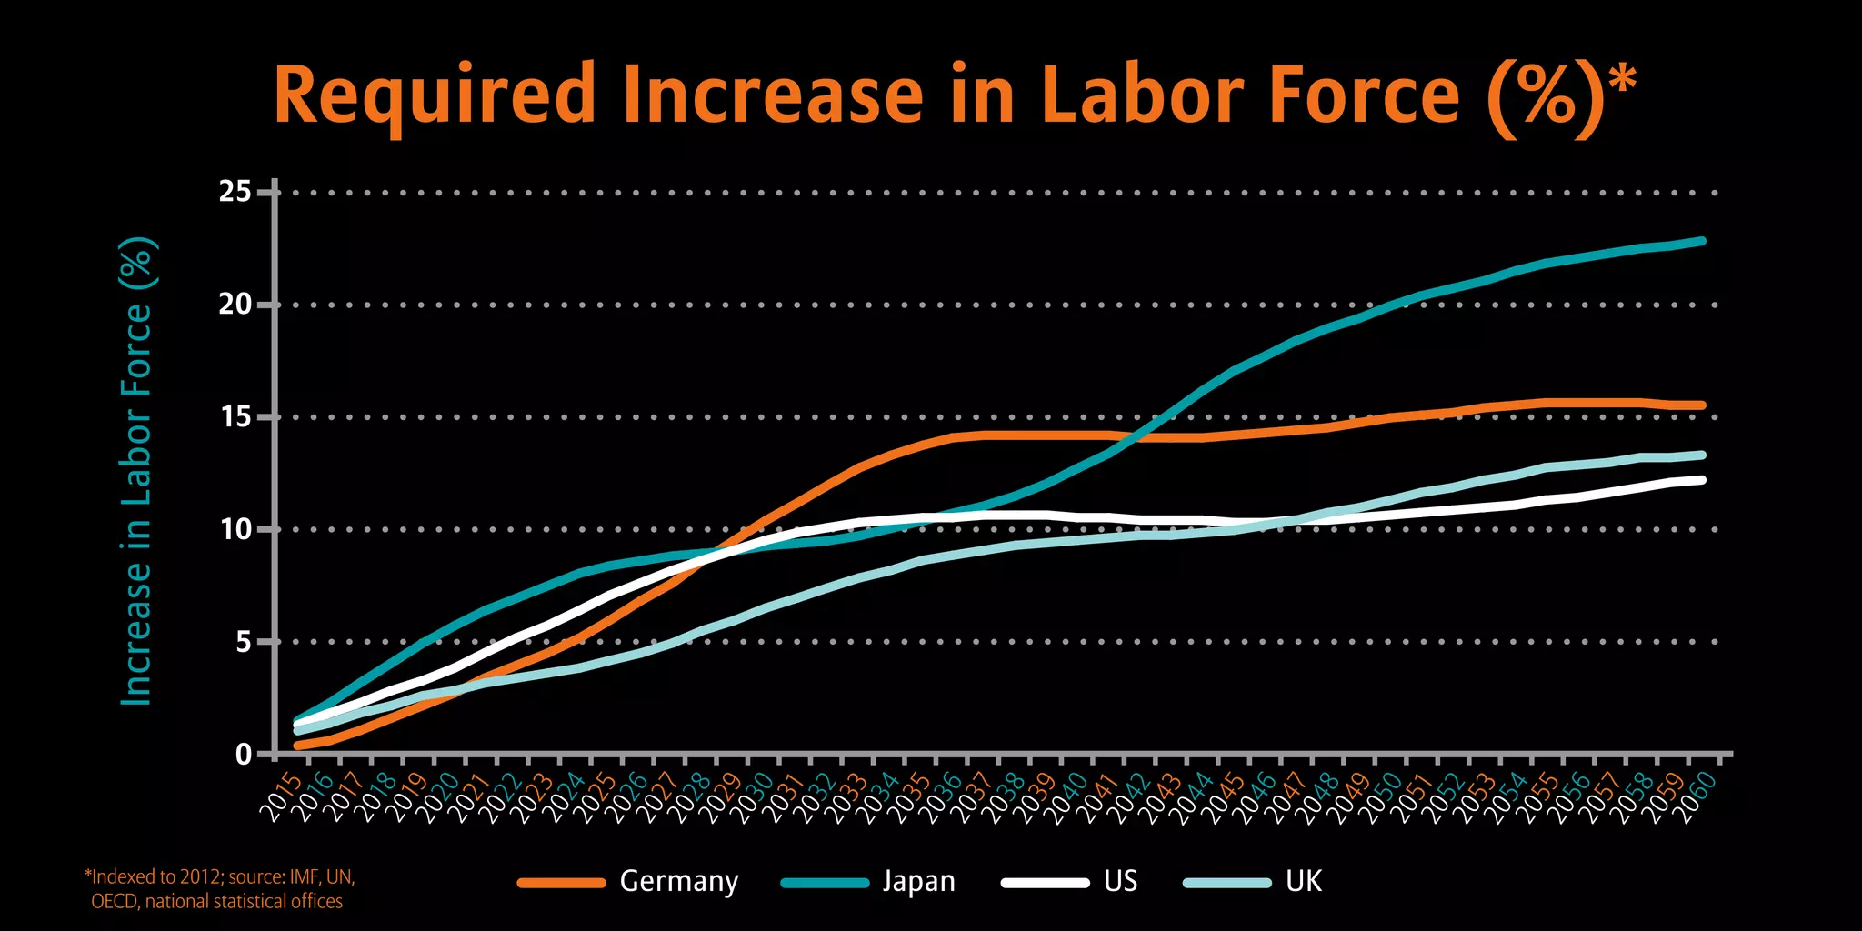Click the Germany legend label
coord(678,881)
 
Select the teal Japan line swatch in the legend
coord(825,882)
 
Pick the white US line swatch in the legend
coord(1045,882)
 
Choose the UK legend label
coord(1304,881)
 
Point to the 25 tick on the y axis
coord(235,192)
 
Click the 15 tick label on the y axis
coord(235,417)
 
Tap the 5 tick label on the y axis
coord(243,642)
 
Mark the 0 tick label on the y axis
coord(243,754)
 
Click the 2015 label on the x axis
coord(281,796)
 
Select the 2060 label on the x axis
coord(1697,796)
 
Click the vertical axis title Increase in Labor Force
coord(137,471)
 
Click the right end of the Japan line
coord(1701,241)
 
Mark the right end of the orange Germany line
coord(1701,405)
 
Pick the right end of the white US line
coord(1701,479)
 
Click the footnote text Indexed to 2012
coord(219,877)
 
